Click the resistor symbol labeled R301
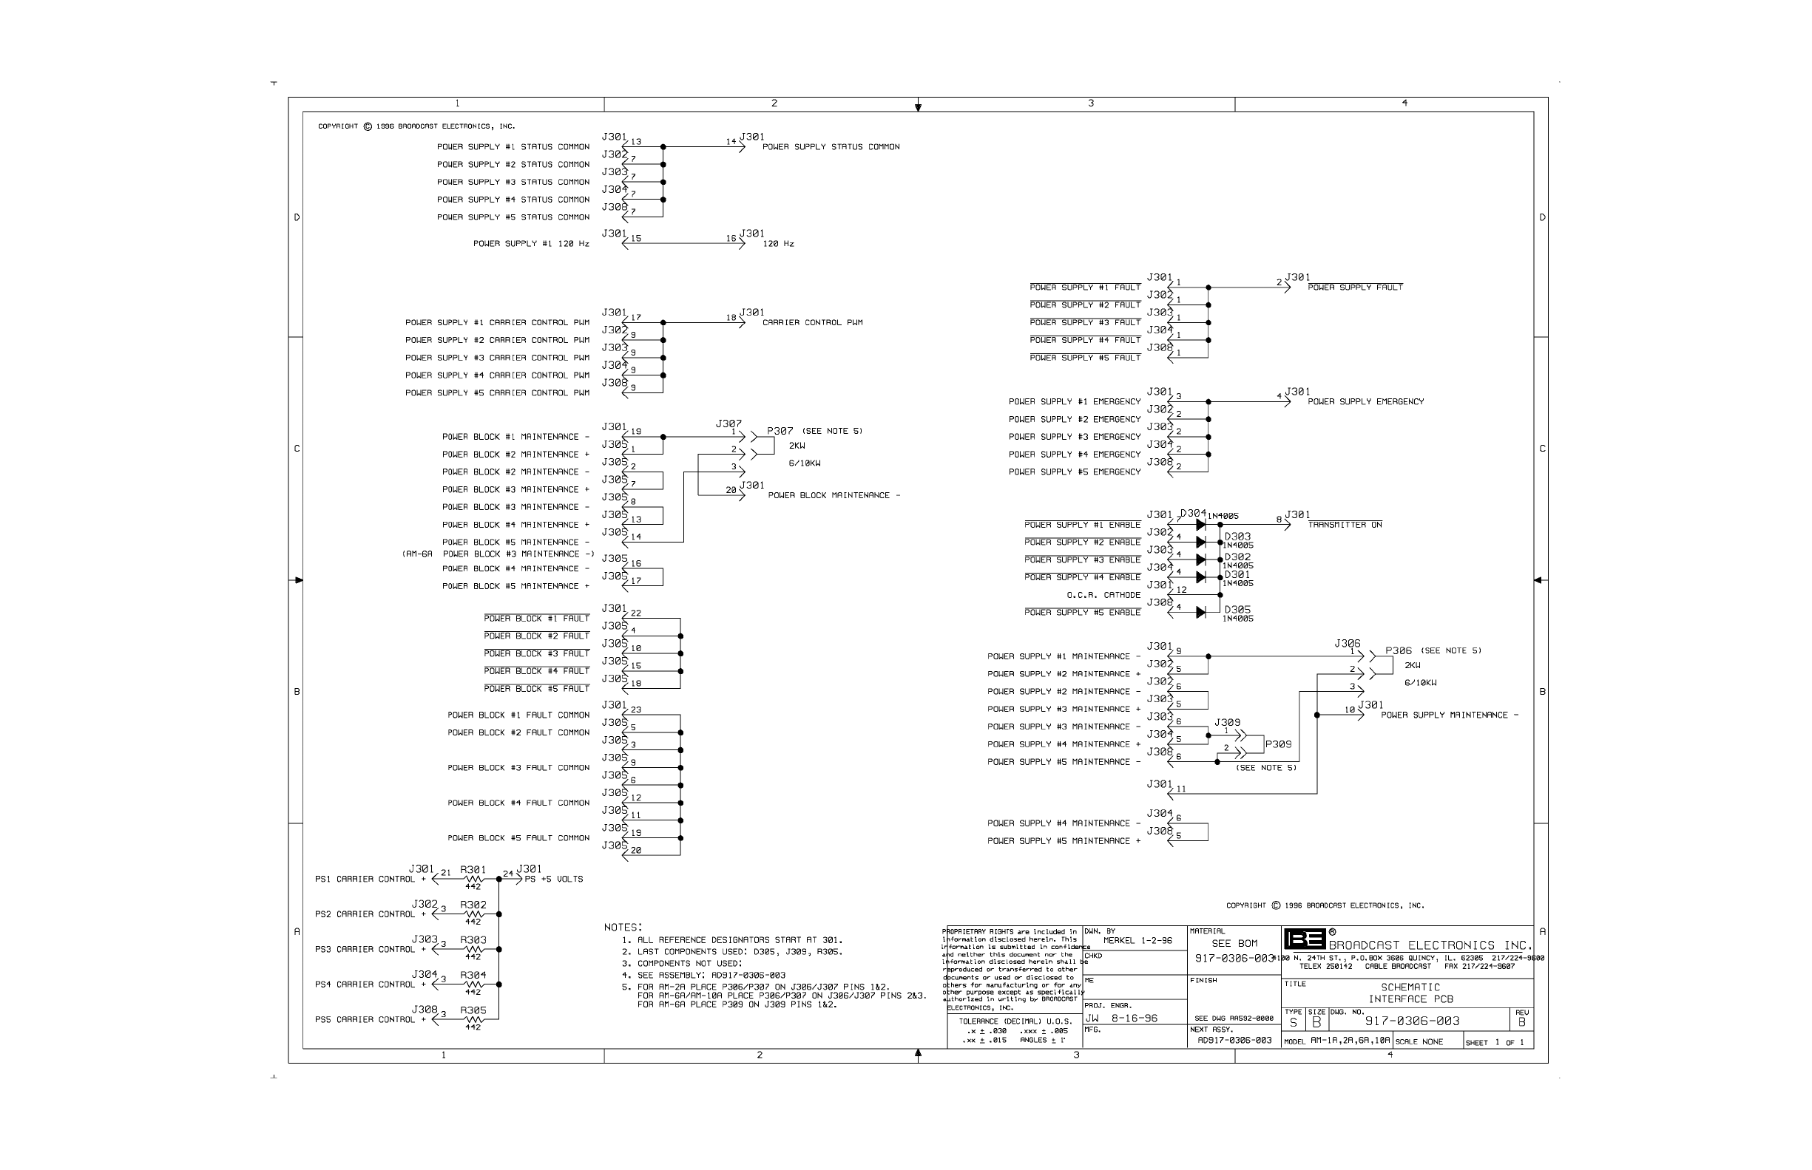(x=473, y=879)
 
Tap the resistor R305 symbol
(x=473, y=1019)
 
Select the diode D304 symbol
(x=1200, y=525)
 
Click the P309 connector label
(x=1278, y=744)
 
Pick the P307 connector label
(x=780, y=431)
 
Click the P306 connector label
(x=1398, y=651)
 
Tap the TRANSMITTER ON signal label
(x=1345, y=525)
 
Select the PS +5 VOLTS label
(x=553, y=880)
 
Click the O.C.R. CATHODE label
(x=1103, y=596)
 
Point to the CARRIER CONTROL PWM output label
(x=812, y=323)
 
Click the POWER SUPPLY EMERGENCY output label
(x=1365, y=402)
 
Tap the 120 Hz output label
(x=777, y=244)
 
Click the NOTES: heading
(x=623, y=928)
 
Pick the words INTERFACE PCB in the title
(x=1410, y=999)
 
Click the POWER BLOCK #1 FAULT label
(x=536, y=619)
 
